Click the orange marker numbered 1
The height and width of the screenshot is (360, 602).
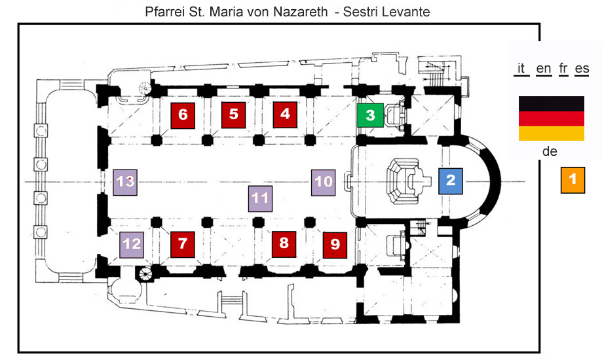coord(573,180)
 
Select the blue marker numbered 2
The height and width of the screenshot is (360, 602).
coord(451,181)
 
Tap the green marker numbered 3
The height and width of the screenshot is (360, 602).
coord(370,115)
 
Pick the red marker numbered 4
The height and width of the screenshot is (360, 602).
coord(285,115)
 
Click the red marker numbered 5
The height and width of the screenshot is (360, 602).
coord(233,115)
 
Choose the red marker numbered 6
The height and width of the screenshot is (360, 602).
coord(183,115)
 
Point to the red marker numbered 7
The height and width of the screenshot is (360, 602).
coord(182,245)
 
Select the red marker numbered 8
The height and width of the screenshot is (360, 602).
coord(284,244)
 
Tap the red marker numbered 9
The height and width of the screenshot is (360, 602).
coord(335,245)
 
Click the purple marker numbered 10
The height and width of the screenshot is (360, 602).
coord(323,183)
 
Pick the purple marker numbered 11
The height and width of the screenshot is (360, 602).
coord(260,199)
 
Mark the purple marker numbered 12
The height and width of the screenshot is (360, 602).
coord(132,245)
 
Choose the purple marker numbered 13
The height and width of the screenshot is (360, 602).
coord(125,183)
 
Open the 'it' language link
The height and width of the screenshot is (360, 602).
coord(521,69)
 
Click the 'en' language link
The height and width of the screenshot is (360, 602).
coord(544,69)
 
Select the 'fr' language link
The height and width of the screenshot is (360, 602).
coord(563,69)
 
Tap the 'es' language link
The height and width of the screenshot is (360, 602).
coord(582,69)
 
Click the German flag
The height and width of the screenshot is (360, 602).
coord(552,118)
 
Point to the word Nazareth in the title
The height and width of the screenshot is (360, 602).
coord(301,12)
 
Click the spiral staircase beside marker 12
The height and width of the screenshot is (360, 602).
coord(145,274)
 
